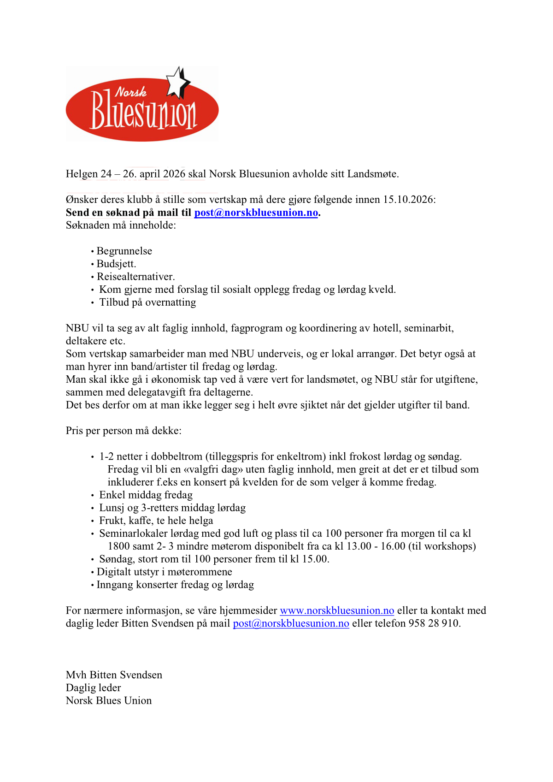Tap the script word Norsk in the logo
(x=131, y=92)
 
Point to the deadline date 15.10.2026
(x=409, y=200)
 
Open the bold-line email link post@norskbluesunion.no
(x=256, y=213)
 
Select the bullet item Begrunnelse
(x=124, y=251)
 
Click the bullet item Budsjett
(x=116, y=264)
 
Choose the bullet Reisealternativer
(x=135, y=277)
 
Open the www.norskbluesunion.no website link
(x=337, y=610)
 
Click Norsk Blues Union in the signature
(x=109, y=701)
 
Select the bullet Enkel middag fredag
(x=146, y=495)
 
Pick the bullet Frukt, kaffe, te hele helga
(x=156, y=521)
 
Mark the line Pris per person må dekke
(x=124, y=431)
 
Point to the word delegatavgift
(x=156, y=392)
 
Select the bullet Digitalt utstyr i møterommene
(x=164, y=572)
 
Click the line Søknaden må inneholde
(x=121, y=225)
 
